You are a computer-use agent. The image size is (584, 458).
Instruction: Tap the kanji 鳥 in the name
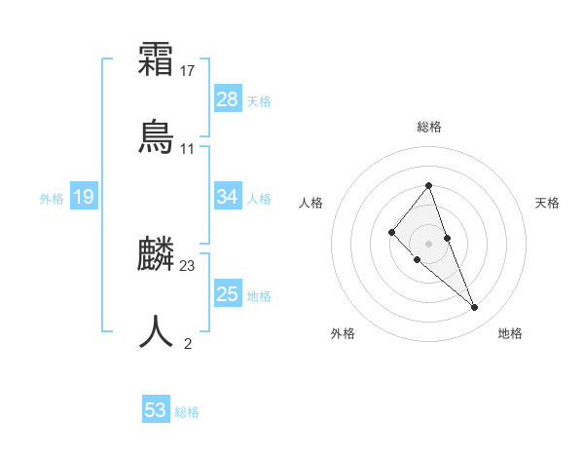coord(156,136)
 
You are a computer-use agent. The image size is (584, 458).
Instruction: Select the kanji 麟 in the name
coord(156,255)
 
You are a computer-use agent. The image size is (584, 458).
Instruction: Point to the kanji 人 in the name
coord(156,331)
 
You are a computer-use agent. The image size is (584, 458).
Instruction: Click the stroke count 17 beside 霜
coord(188,71)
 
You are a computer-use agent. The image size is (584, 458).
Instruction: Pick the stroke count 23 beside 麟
coord(188,265)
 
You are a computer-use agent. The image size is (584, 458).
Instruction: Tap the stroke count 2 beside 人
coord(188,342)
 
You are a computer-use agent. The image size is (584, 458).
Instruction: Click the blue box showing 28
coord(228,98)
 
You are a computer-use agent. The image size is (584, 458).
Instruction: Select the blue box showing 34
coord(228,197)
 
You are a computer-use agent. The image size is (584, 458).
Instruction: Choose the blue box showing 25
coord(228,294)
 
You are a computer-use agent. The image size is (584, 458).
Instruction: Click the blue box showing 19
coord(84,197)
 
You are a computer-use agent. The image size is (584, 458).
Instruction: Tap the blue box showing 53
coord(156,410)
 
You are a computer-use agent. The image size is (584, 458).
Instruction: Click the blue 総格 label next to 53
coord(187,412)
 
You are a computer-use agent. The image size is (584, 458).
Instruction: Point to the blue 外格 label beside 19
coord(52,199)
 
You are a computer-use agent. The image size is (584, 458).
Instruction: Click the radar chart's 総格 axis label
coord(429,127)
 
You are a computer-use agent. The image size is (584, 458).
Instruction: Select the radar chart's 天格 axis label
coord(547,203)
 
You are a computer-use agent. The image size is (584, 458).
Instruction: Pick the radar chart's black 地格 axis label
coord(510,333)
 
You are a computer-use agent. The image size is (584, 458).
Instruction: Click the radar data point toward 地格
coord(474,307)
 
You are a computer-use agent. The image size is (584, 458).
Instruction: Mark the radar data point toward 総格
coord(428,185)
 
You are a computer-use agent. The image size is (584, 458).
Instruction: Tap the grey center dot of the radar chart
coord(428,243)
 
